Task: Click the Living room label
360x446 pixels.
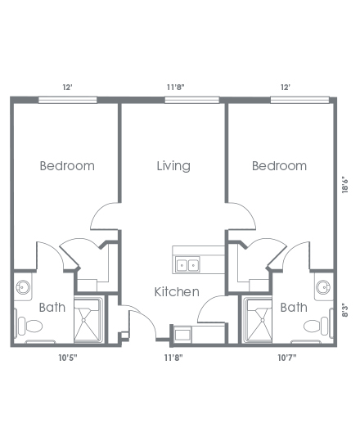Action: pyautogui.click(x=173, y=166)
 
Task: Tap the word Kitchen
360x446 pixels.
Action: pyautogui.click(x=177, y=292)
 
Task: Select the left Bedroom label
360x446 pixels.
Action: pyautogui.click(x=67, y=166)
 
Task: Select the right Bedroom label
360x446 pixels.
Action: pyautogui.click(x=279, y=166)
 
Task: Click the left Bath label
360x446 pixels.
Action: pyautogui.click(x=52, y=307)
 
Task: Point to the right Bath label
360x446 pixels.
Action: pyautogui.click(x=294, y=307)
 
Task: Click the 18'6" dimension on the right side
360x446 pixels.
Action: pyautogui.click(x=345, y=186)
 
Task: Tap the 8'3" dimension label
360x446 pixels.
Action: pyautogui.click(x=345, y=311)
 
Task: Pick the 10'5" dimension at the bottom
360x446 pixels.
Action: pyautogui.click(x=68, y=358)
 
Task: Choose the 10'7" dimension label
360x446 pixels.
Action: pyautogui.click(x=287, y=358)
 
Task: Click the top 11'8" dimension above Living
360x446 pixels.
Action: pyautogui.click(x=175, y=87)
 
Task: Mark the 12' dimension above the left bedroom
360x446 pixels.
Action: pyautogui.click(x=68, y=87)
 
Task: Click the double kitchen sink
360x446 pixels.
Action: pyautogui.click(x=187, y=264)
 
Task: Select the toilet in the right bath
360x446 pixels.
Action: pyautogui.click(x=317, y=326)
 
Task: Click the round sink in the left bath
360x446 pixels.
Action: pyautogui.click(x=23, y=287)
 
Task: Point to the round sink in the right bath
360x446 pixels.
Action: pyautogui.click(x=323, y=287)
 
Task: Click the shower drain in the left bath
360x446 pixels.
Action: pyautogui.click(x=83, y=320)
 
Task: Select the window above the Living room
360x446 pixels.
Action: pyautogui.click(x=192, y=100)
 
